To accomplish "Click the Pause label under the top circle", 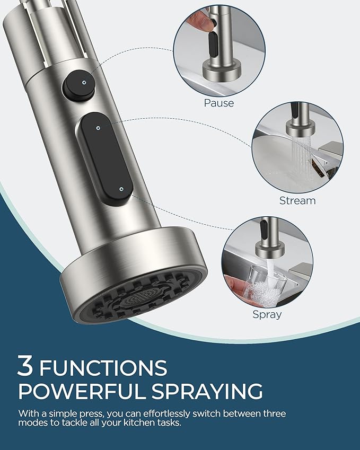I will click(x=219, y=103).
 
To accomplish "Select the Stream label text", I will click(x=297, y=201).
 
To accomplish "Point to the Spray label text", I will click(x=267, y=314).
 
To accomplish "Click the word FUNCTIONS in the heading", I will click(x=103, y=367).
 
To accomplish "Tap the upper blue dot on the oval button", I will click(x=99, y=127).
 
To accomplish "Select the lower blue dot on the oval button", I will click(x=122, y=188).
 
